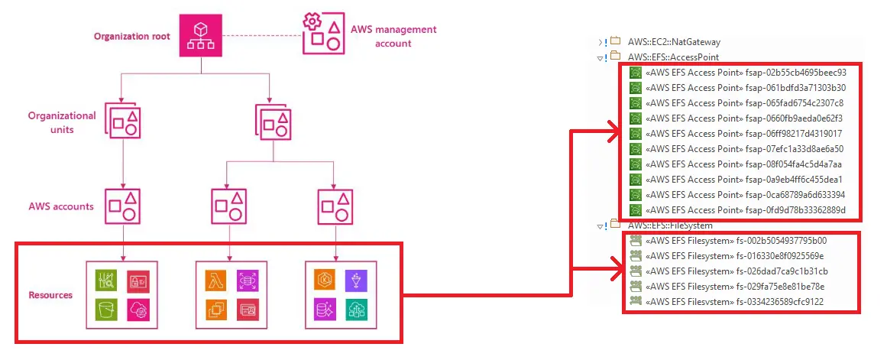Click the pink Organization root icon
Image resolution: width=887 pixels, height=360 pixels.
[201, 36]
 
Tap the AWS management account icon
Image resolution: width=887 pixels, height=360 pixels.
[322, 35]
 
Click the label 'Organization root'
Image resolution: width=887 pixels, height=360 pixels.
[131, 36]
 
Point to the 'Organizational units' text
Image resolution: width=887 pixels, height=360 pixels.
[63, 122]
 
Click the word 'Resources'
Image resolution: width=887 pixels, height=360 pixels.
[50, 295]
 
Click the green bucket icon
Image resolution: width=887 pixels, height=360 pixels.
[106, 309]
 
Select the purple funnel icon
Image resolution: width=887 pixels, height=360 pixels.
[356, 281]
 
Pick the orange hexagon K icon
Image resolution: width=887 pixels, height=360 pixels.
[326, 281]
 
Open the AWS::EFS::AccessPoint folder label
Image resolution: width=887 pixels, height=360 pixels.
[672, 57]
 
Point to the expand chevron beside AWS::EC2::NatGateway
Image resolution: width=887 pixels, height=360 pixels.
[601, 42]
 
